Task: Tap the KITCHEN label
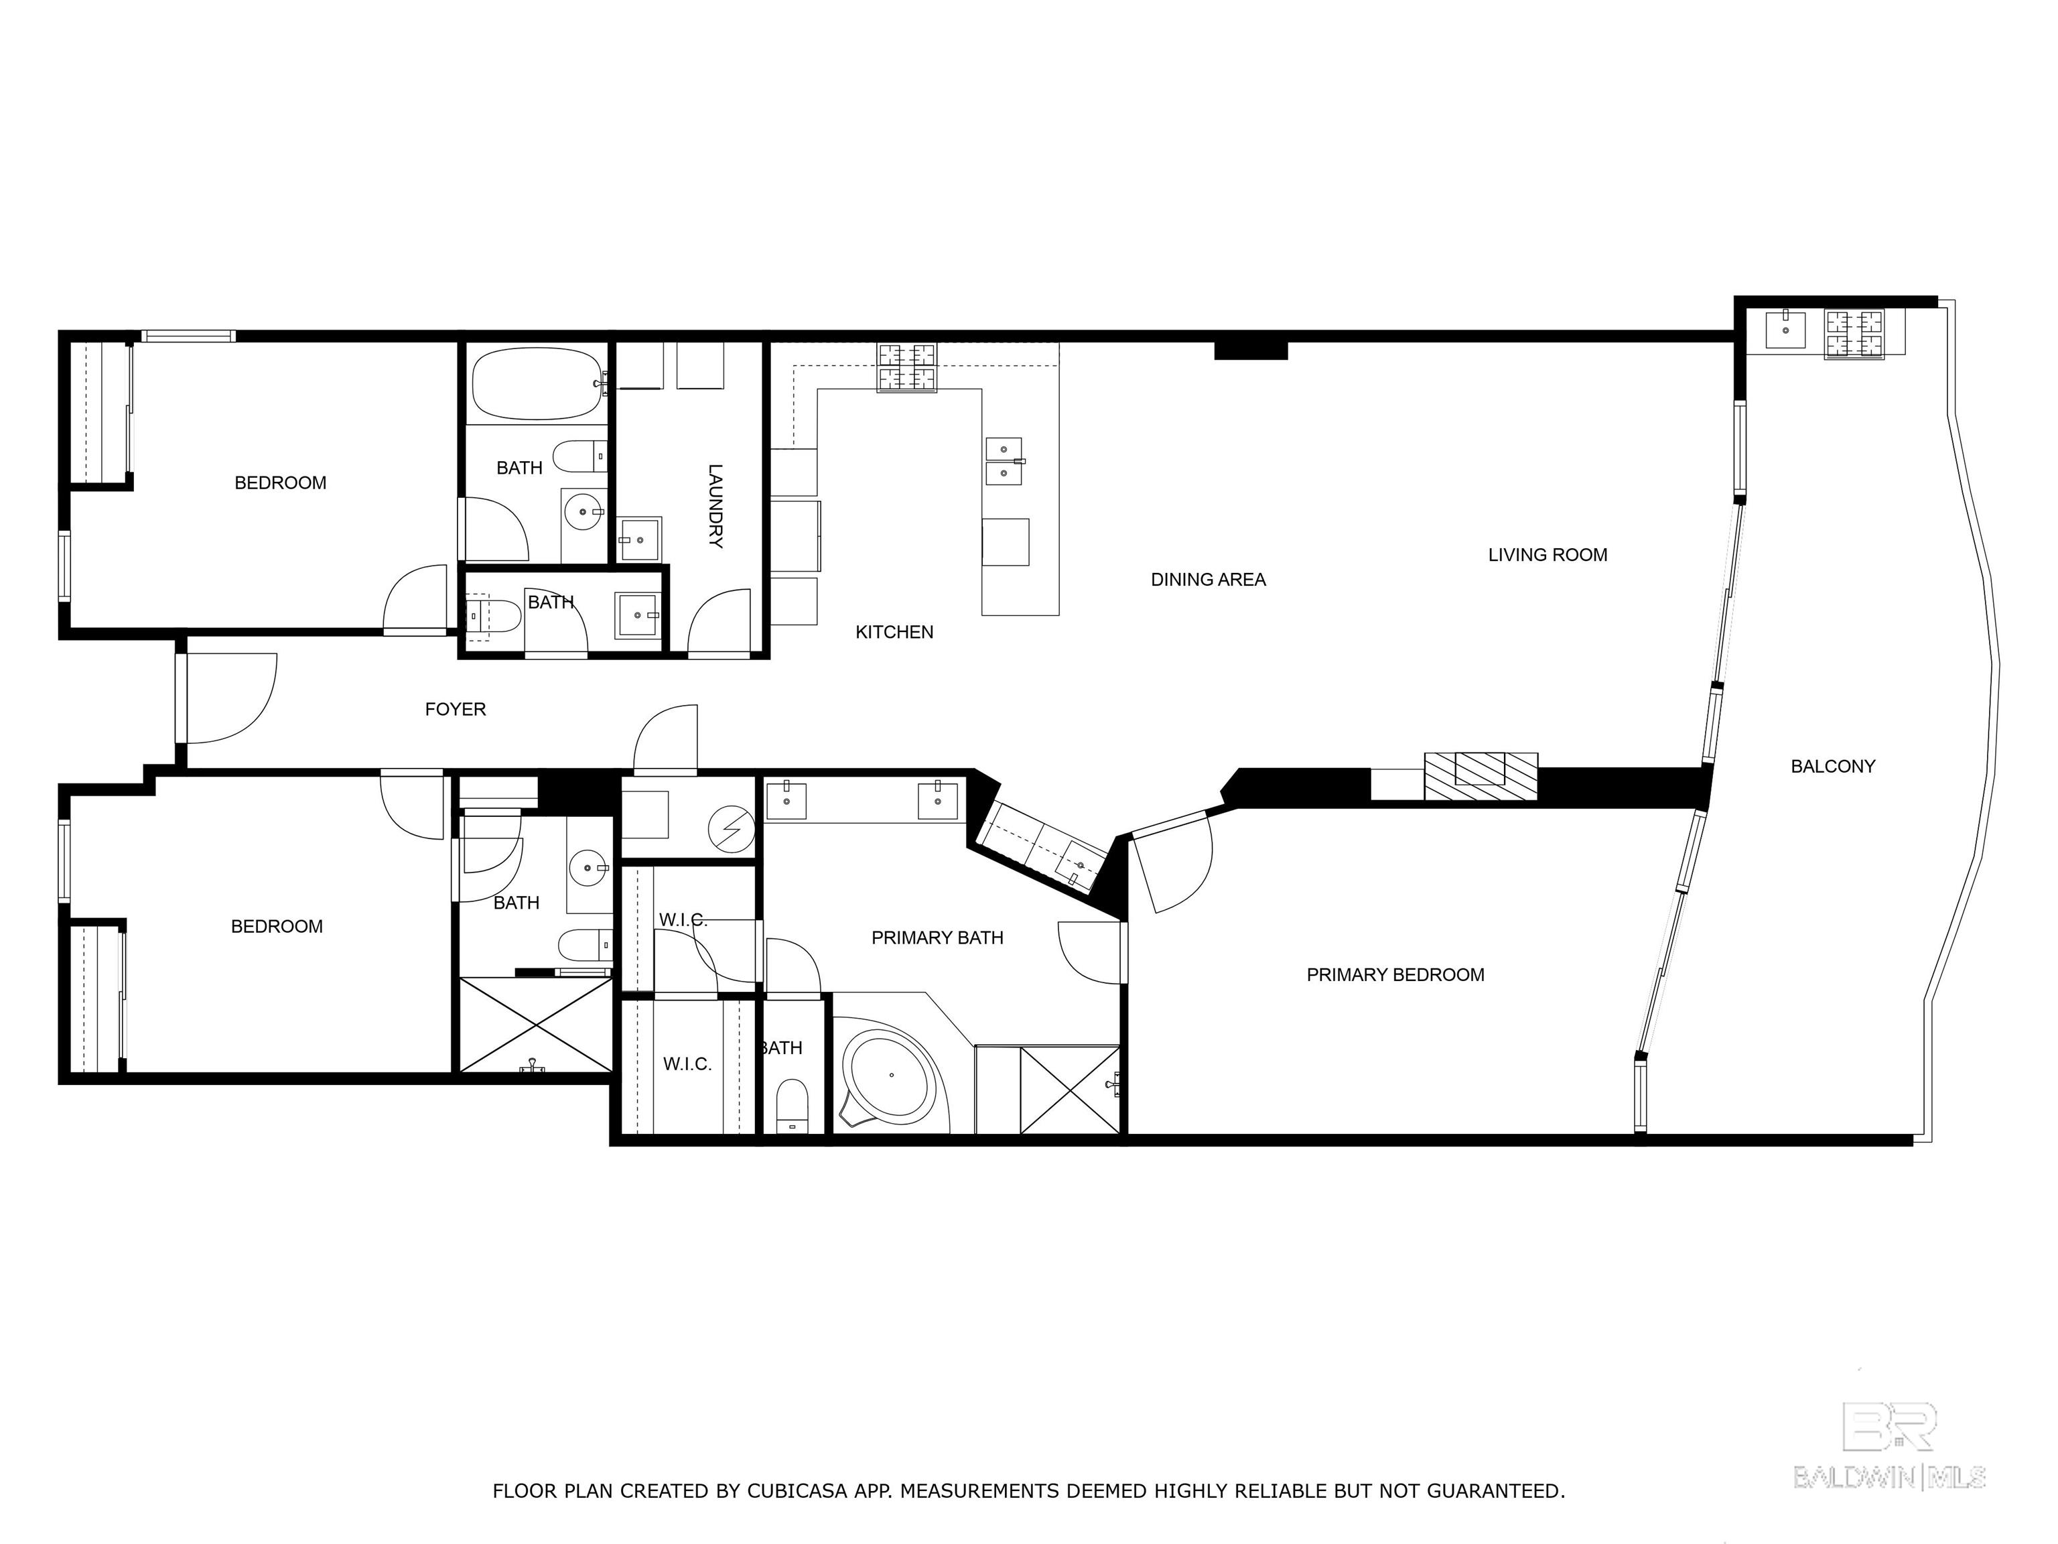coord(894,632)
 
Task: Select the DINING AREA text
coord(1208,580)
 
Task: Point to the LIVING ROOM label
coord(1548,555)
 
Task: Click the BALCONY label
coord(1832,766)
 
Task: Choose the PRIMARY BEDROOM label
coord(1395,974)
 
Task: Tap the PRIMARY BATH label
coord(937,938)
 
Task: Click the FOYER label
coord(455,709)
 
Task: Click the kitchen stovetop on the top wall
coord(907,368)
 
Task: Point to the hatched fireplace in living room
coord(1481,774)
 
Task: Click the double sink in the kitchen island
coord(1003,460)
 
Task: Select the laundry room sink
coord(640,539)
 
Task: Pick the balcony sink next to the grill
coord(1785,330)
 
